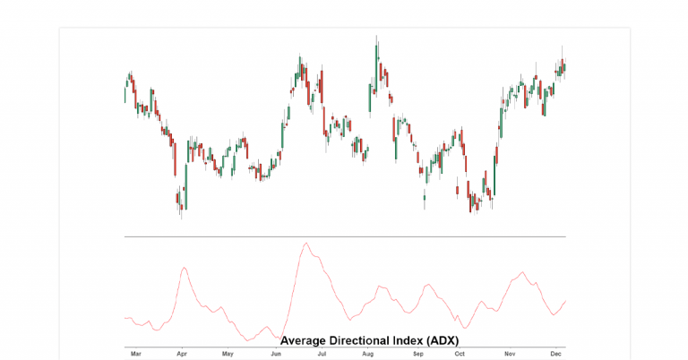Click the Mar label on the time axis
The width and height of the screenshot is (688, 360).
coord(136,354)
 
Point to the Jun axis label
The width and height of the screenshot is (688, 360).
coord(276,354)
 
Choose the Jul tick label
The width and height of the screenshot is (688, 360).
coord(322,354)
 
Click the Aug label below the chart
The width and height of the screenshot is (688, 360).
coord(367,354)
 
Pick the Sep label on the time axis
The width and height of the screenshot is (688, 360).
coord(417,354)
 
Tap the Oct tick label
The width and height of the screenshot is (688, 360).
coord(460,354)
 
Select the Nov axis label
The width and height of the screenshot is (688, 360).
coord(510,354)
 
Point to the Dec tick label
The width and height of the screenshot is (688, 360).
coord(555,354)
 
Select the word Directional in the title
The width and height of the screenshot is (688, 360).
coord(362,340)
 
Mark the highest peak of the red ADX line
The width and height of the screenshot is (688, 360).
coord(306,243)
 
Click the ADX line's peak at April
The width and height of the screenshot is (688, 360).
coord(184,267)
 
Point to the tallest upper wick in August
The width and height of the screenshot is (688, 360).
coord(377,38)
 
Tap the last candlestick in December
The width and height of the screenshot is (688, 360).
coord(564,65)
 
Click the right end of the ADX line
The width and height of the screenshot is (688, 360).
coord(565,302)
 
